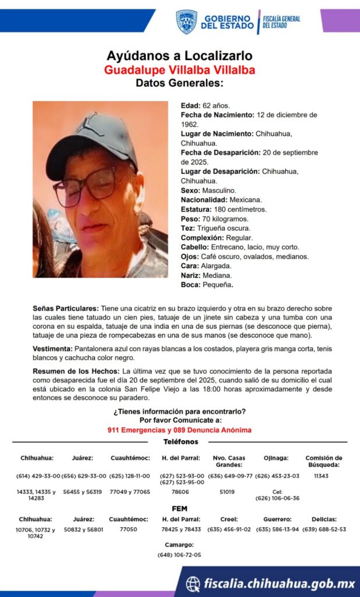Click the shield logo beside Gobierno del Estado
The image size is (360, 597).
pyautogui.click(x=186, y=22)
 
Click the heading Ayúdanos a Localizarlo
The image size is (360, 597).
pyautogui.click(x=179, y=56)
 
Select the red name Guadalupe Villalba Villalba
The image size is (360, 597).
pyautogui.click(x=179, y=70)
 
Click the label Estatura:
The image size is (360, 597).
pyautogui.click(x=196, y=209)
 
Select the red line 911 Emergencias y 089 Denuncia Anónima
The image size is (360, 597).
pyautogui.click(x=179, y=430)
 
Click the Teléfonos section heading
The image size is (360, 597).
pyautogui.click(x=181, y=442)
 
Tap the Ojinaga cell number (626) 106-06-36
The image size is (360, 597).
pyautogui.click(x=277, y=498)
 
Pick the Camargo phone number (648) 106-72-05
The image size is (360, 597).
pyautogui.click(x=179, y=555)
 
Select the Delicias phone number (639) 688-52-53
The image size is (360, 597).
pyautogui.click(x=324, y=529)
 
